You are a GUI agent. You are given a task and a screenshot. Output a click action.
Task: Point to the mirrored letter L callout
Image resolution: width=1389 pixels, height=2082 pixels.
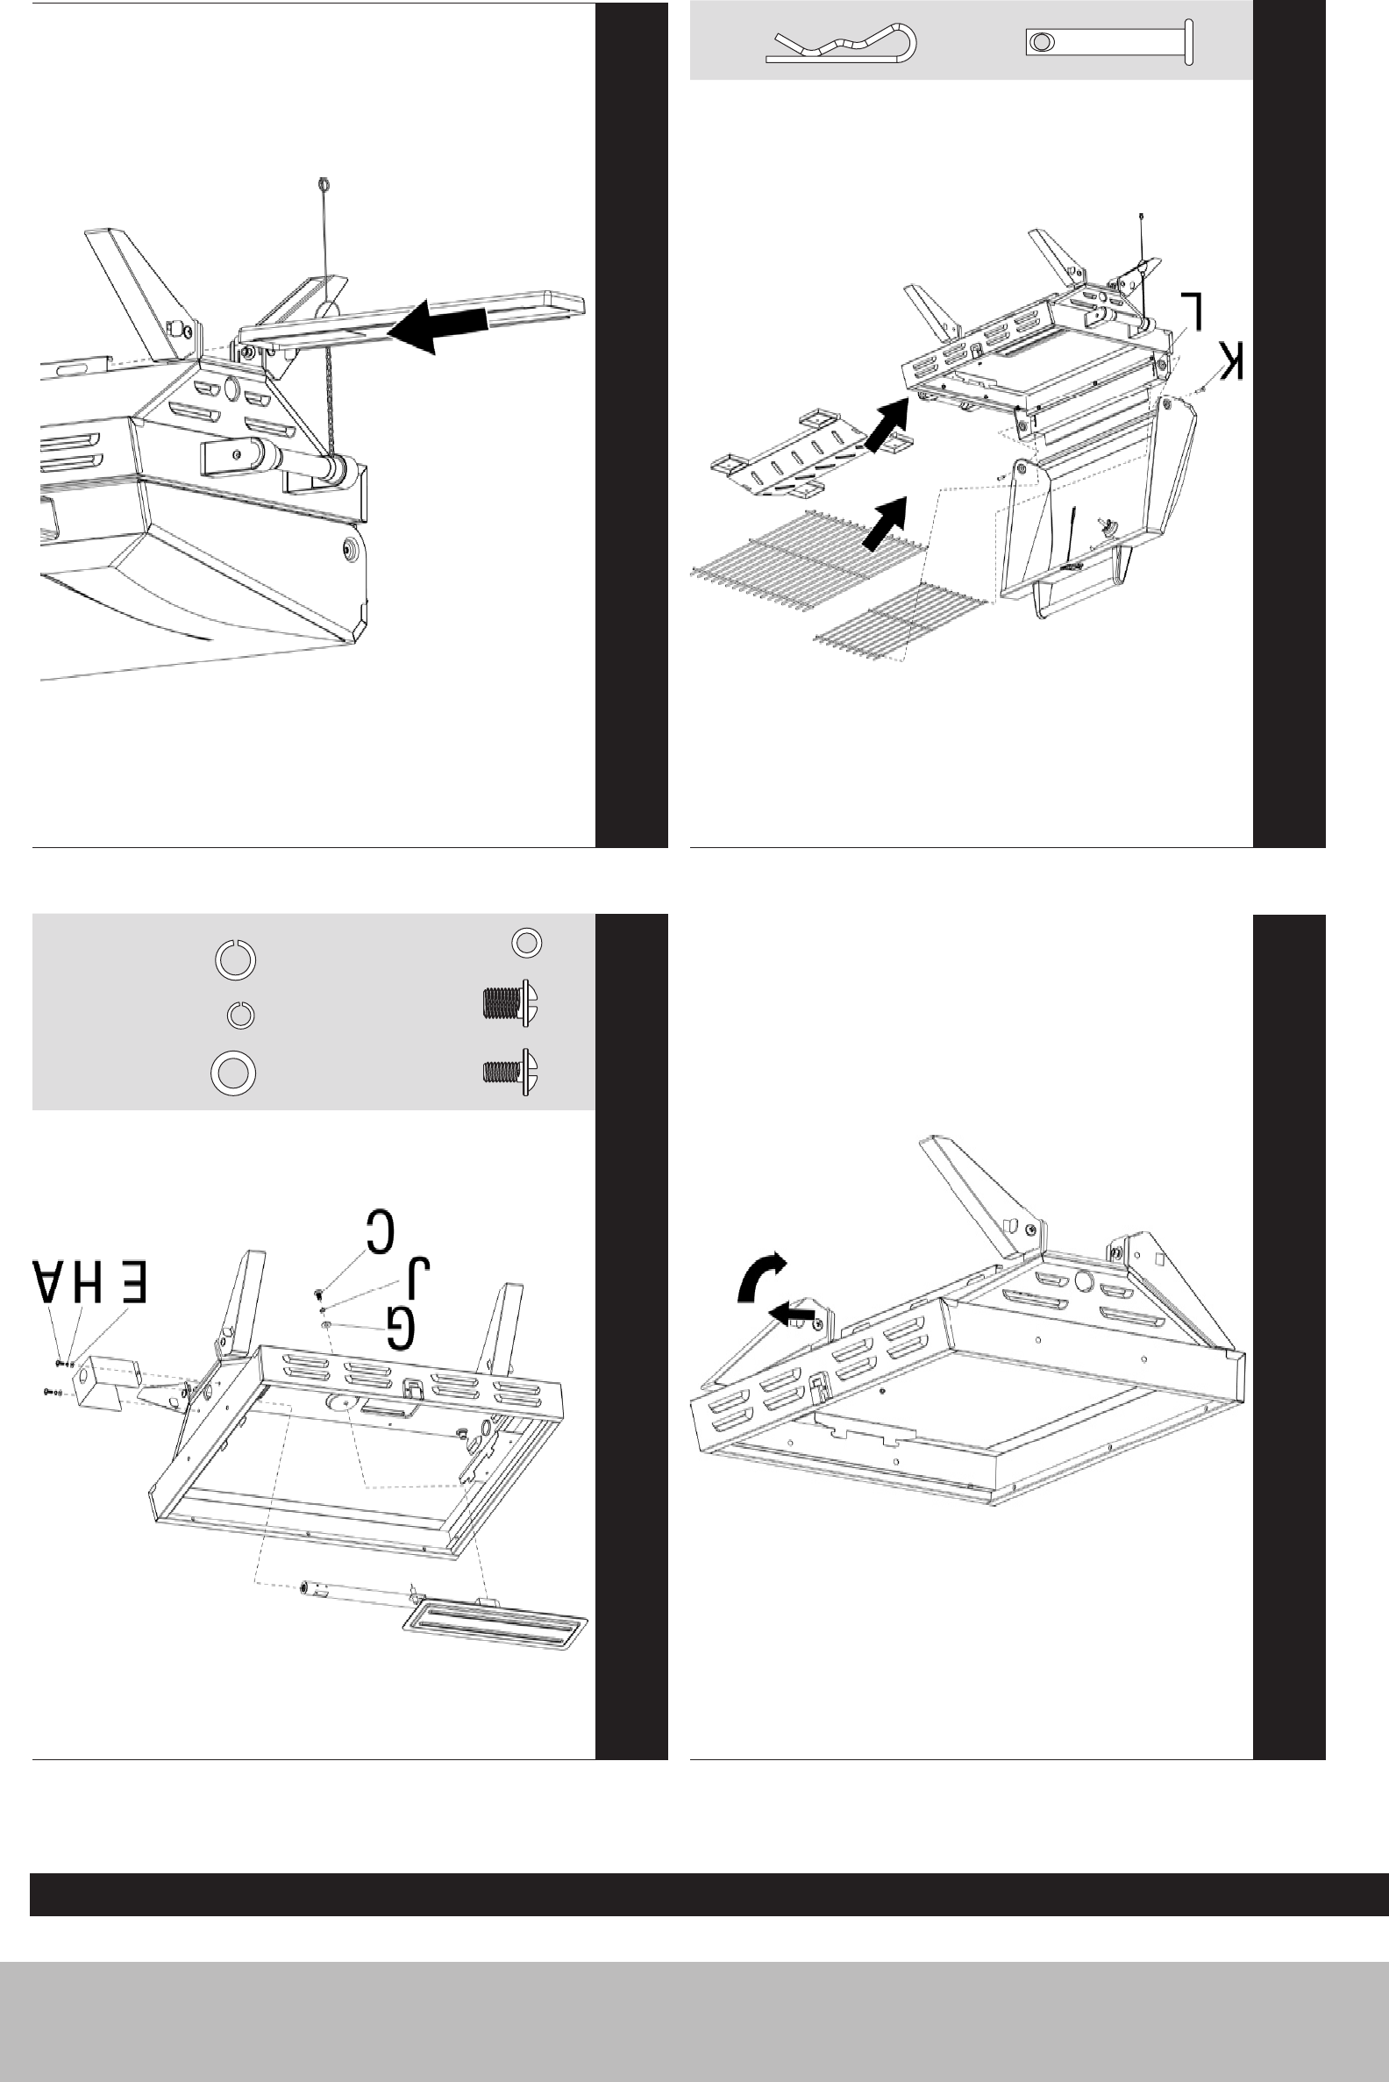(x=1193, y=311)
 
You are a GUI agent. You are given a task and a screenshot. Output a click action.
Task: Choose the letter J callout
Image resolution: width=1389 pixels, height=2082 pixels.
(x=417, y=1279)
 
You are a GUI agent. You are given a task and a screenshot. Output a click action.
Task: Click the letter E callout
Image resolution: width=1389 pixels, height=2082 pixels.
(x=129, y=1281)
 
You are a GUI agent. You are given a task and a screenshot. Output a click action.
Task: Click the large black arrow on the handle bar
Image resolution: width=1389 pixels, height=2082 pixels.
(x=438, y=326)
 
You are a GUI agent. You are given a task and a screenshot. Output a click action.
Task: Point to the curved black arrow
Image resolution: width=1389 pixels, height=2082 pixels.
(x=760, y=1276)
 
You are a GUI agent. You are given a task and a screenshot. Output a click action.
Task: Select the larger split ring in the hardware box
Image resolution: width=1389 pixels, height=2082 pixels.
(x=236, y=959)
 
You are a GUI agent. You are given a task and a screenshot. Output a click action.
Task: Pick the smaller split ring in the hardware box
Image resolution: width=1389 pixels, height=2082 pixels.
(x=241, y=1015)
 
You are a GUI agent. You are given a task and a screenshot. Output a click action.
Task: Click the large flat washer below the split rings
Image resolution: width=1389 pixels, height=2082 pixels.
(x=233, y=1073)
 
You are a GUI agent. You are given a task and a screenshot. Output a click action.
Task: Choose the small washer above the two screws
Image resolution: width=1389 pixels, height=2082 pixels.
(x=527, y=942)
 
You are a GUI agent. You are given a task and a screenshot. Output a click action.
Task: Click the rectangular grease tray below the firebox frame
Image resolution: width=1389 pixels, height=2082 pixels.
(x=495, y=1627)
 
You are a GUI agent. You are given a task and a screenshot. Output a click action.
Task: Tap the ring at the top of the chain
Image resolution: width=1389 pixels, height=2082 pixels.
(x=324, y=185)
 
